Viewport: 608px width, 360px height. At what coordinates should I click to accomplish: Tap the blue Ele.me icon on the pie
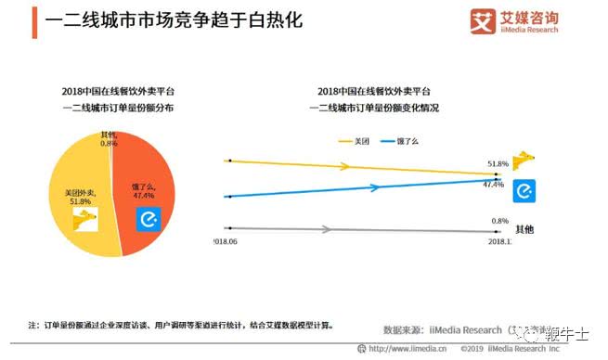tap(149, 219)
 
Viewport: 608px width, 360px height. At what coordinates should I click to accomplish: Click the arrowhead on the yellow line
tap(347, 167)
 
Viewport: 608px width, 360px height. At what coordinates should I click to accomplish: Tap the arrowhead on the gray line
tap(326, 229)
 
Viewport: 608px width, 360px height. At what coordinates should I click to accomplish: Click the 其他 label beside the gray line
tap(524, 229)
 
